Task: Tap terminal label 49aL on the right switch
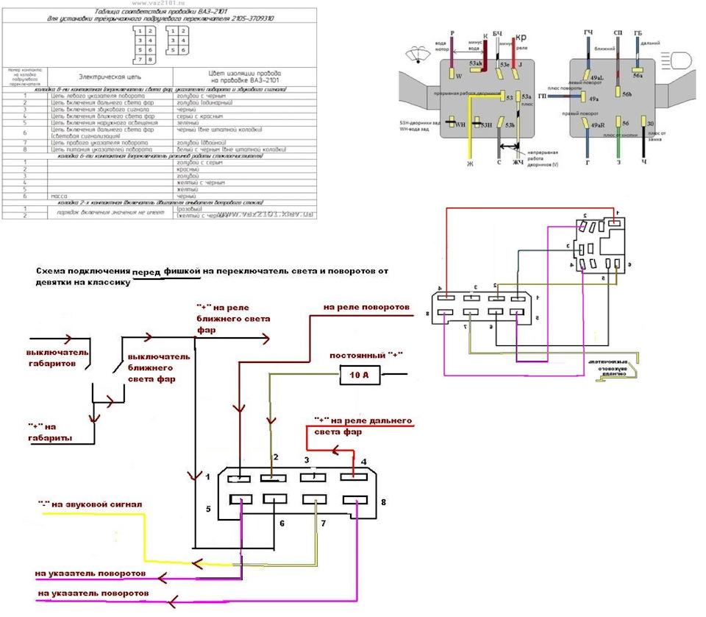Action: click(x=596, y=77)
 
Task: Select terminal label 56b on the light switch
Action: click(x=627, y=94)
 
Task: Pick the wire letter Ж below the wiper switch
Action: click(x=468, y=163)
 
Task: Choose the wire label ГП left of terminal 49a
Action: click(x=542, y=96)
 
